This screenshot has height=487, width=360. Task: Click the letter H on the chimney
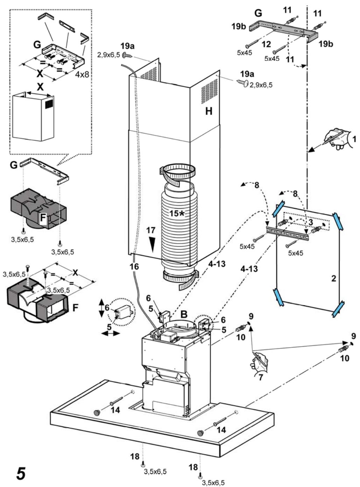point(209,111)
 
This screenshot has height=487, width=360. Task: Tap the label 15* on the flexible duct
point(176,213)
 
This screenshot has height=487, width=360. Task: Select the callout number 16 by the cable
point(134,266)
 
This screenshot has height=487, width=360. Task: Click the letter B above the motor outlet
point(184,314)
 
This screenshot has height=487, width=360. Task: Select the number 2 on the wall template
point(333,279)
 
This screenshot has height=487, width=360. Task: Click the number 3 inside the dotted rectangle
point(311,222)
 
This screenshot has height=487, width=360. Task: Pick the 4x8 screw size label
point(82,75)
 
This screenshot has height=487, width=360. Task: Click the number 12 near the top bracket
point(266,44)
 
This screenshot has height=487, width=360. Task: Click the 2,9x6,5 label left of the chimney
point(108,55)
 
